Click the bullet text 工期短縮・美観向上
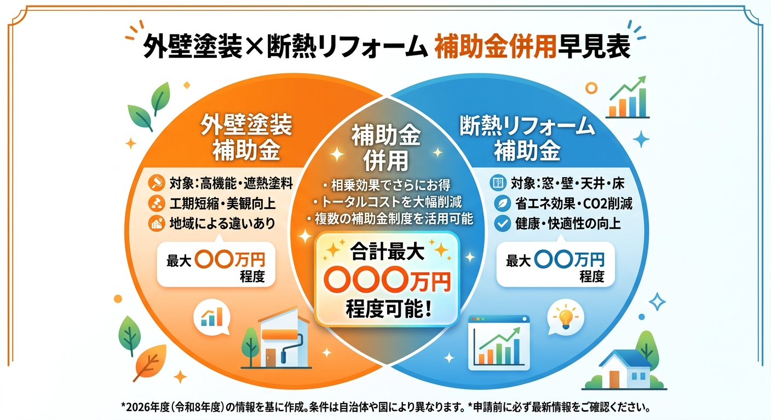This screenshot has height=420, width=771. (x=222, y=203)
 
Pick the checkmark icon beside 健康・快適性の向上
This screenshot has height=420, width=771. (x=502, y=223)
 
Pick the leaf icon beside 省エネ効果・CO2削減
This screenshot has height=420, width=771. (x=502, y=203)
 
